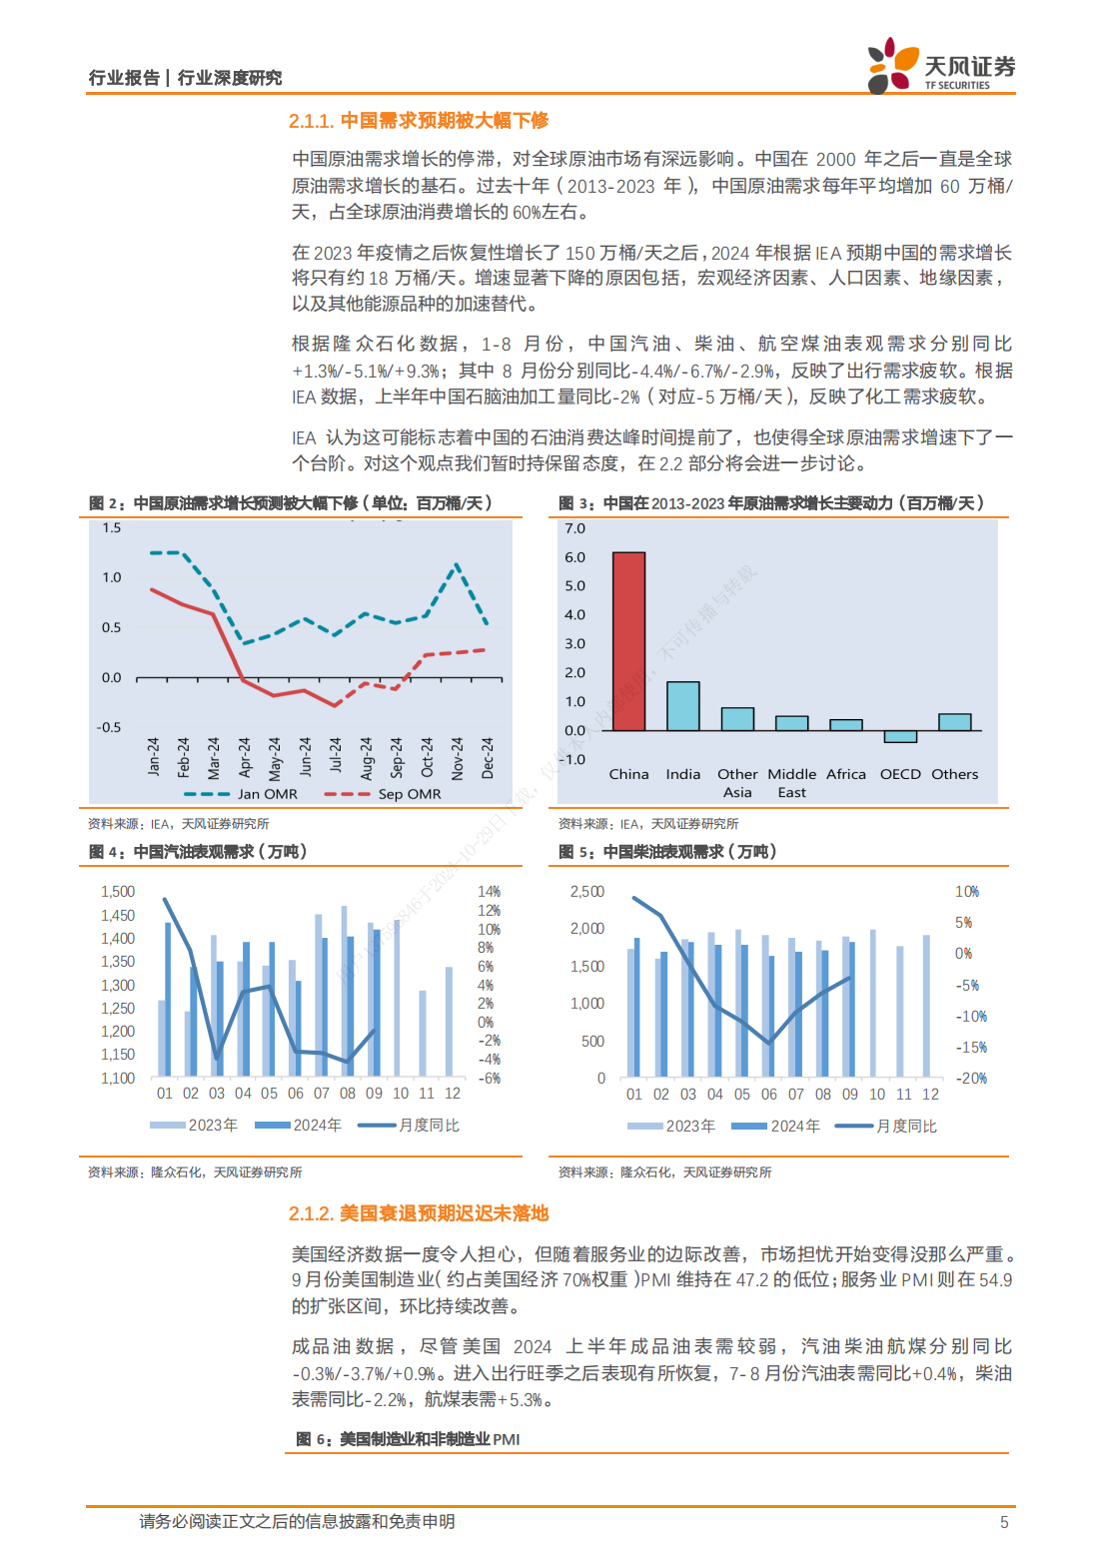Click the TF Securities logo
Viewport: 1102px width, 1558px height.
pos(941,65)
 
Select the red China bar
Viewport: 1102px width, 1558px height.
pos(628,640)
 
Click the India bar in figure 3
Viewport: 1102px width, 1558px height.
pos(682,706)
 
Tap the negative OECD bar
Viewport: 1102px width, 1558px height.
pos(900,737)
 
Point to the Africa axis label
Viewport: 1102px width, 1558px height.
pos(846,774)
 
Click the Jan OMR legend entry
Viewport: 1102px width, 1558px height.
pos(241,794)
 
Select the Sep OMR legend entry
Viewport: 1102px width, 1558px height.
pos(383,794)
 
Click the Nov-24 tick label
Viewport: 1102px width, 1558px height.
pos(457,757)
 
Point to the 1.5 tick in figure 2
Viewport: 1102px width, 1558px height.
pos(111,528)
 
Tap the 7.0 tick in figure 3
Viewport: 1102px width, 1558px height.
pos(574,528)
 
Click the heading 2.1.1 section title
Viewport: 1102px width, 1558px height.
pos(419,120)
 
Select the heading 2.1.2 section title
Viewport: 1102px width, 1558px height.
pos(419,1213)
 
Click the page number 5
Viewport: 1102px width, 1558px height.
pos(1004,1522)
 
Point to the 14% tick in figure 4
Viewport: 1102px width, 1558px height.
pos(490,892)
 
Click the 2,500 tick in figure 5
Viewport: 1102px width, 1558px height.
pos(587,892)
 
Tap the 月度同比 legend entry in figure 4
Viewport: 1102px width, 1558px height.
pos(409,1126)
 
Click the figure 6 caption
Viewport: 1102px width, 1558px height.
pos(408,1439)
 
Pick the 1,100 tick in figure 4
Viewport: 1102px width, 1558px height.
pos(118,1078)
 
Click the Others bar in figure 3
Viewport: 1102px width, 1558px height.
pos(954,722)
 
